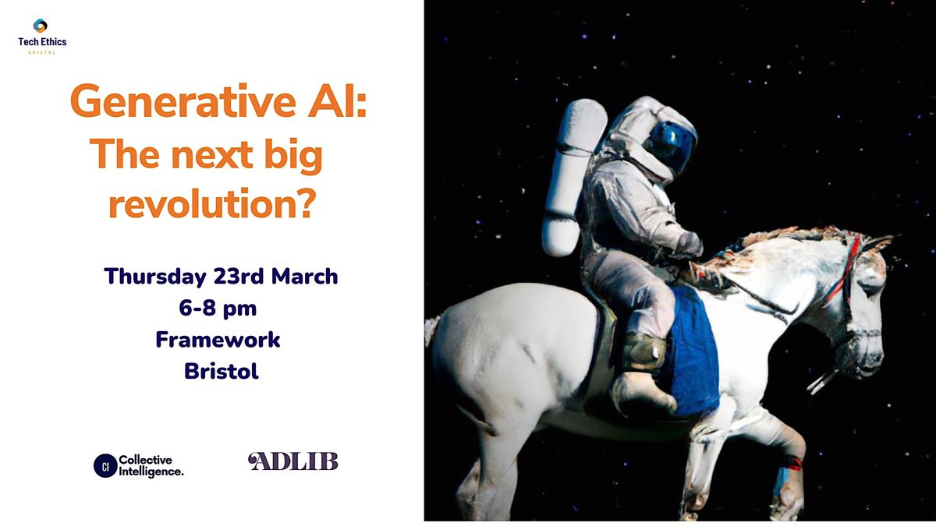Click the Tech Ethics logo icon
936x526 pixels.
pyautogui.click(x=41, y=26)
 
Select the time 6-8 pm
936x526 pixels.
pyautogui.click(x=218, y=309)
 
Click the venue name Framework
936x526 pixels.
pyautogui.click(x=218, y=340)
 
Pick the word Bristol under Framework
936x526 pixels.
pyautogui.click(x=221, y=372)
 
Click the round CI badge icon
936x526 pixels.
pyautogui.click(x=105, y=465)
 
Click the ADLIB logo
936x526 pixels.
pyautogui.click(x=293, y=461)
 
